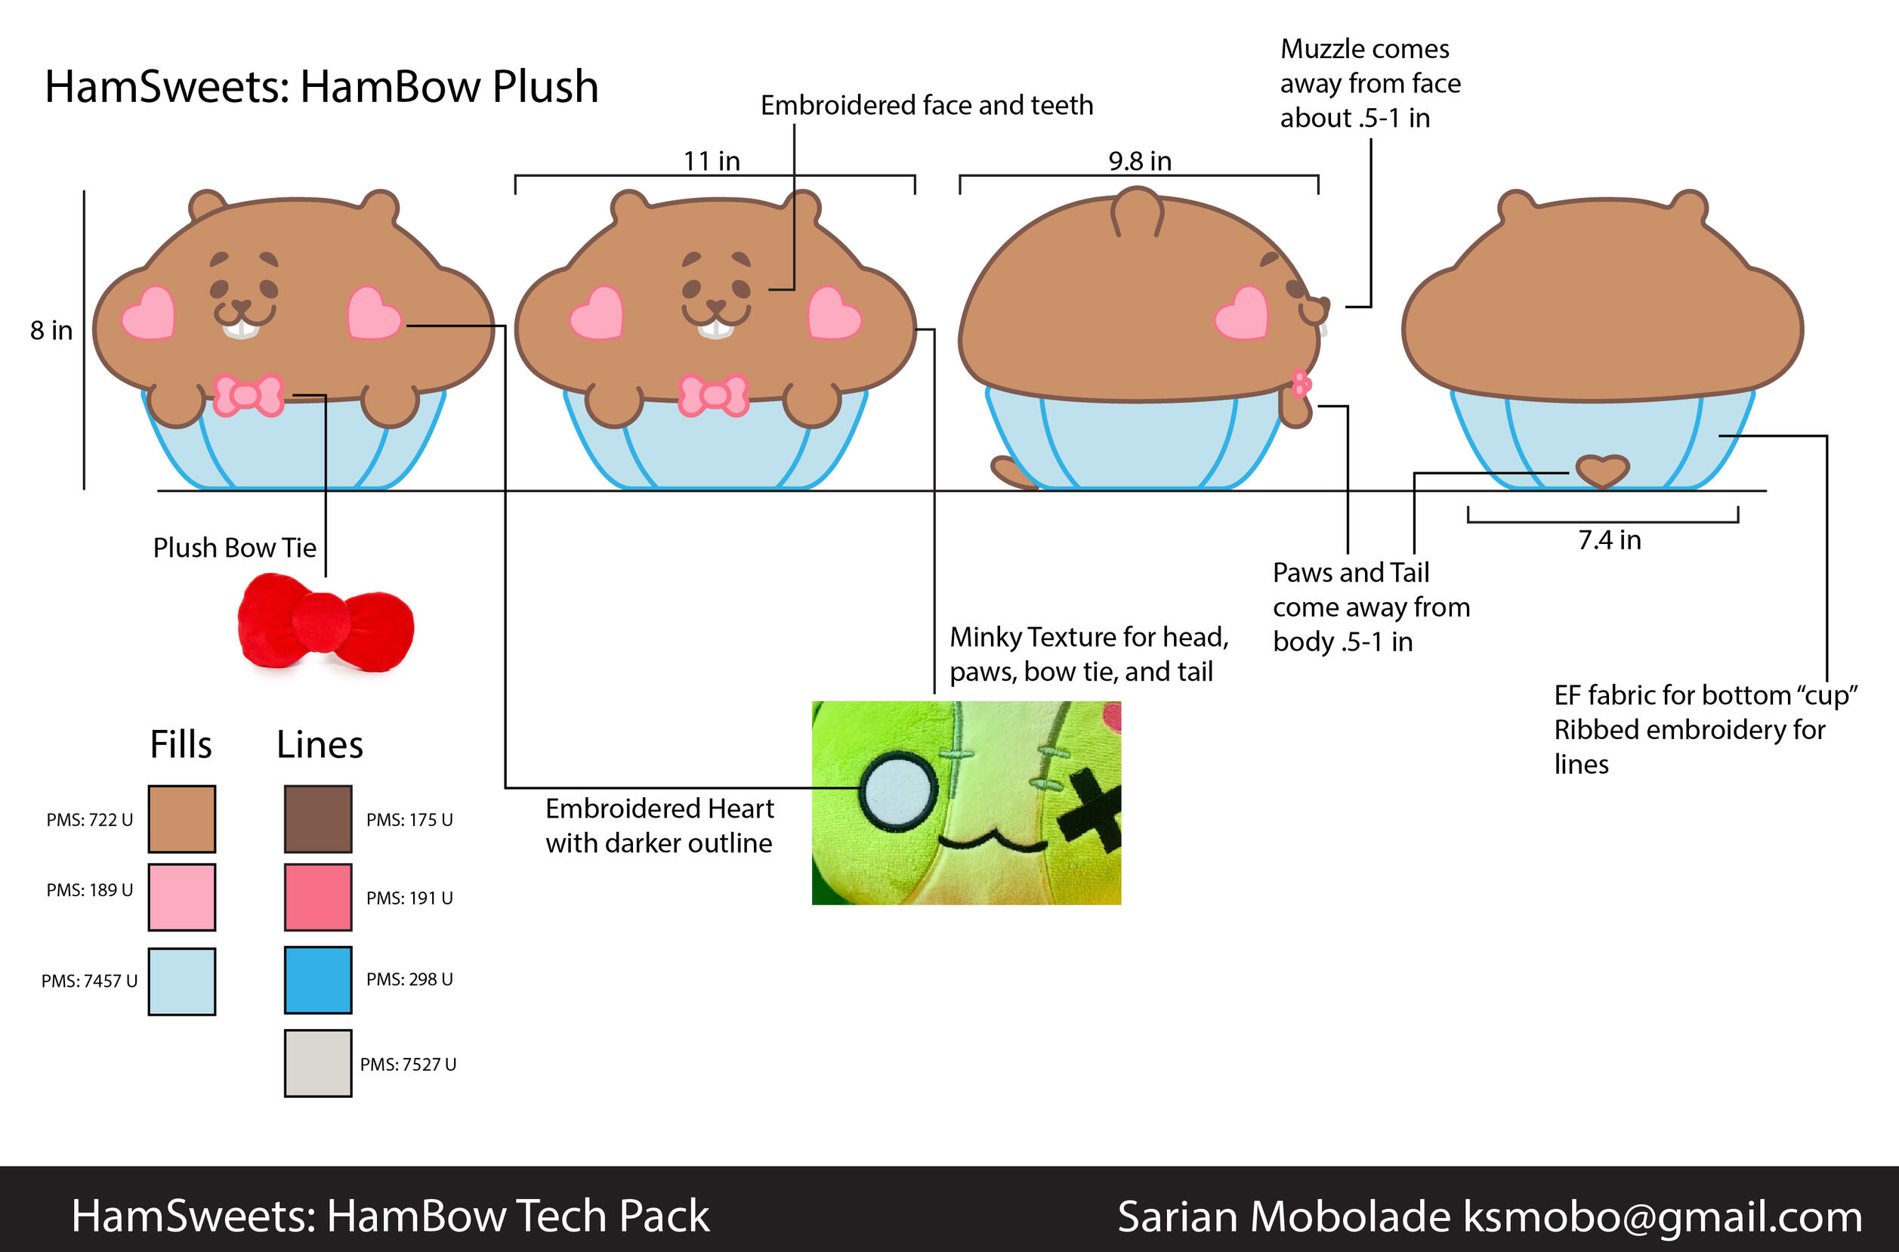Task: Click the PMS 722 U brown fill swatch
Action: coord(181,819)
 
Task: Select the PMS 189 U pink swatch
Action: coord(181,897)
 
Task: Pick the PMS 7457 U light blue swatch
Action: coord(181,982)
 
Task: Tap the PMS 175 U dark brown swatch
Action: coord(318,819)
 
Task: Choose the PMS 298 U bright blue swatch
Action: coord(318,980)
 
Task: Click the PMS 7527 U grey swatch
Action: coord(318,1063)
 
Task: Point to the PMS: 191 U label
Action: coord(409,898)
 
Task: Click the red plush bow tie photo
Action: coord(326,623)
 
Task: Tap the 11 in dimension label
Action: coord(712,161)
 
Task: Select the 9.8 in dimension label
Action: coord(1139,161)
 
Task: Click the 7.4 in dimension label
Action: coord(1608,540)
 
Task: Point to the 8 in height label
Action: coord(51,330)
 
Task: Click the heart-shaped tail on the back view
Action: coord(1601,470)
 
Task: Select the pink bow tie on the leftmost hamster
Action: coord(249,395)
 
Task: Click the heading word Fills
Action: coord(181,744)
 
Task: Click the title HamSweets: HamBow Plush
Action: coord(321,86)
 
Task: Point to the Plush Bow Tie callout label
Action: coord(235,548)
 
